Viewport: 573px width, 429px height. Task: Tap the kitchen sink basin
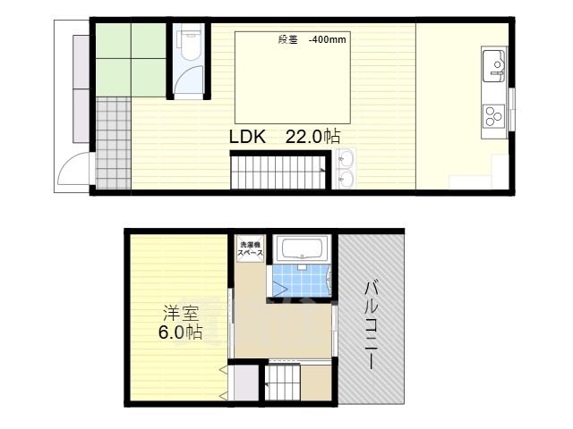pyautogui.click(x=494, y=66)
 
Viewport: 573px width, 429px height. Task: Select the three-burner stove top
pyautogui.click(x=494, y=115)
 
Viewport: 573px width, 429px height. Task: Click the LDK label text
pyautogui.click(x=247, y=137)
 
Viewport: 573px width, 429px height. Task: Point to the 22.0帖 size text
pyautogui.click(x=312, y=137)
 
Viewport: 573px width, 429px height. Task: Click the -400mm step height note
pyautogui.click(x=328, y=39)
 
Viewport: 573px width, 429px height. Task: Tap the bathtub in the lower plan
pyautogui.click(x=303, y=248)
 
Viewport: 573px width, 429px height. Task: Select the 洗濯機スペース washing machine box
pyautogui.click(x=251, y=249)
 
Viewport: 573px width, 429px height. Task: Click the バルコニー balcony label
pyautogui.click(x=371, y=325)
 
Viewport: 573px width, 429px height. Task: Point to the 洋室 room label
pyautogui.click(x=181, y=313)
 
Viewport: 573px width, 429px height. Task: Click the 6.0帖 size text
pyautogui.click(x=181, y=332)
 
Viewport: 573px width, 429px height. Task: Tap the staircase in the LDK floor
pyautogui.click(x=278, y=172)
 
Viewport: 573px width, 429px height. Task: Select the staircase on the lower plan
pyautogui.click(x=283, y=383)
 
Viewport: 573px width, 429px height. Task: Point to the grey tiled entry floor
pyautogui.click(x=114, y=143)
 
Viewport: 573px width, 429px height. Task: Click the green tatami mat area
pyautogui.click(x=132, y=60)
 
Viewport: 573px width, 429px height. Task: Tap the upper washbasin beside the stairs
pyautogui.click(x=346, y=158)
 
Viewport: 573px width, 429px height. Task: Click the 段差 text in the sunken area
pyautogui.click(x=288, y=39)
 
